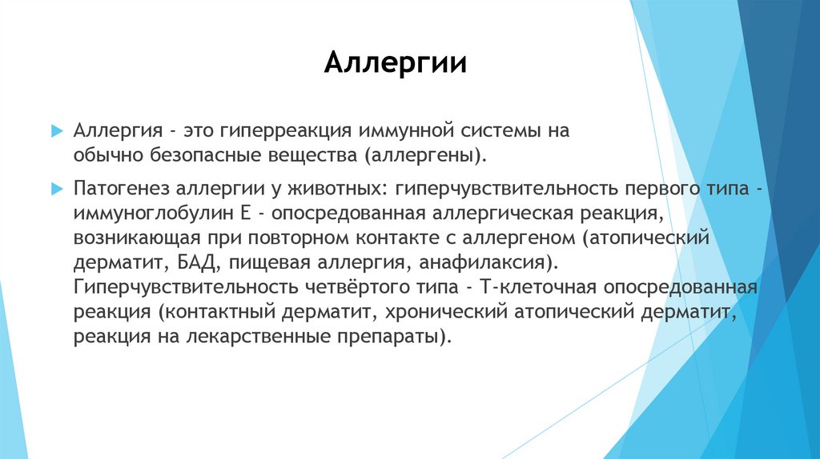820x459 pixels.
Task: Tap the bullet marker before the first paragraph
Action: point(55,130)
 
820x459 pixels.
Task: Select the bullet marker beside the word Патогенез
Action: point(55,187)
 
